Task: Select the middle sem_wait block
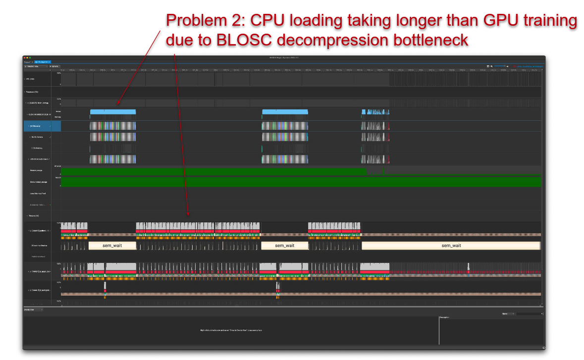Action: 284,246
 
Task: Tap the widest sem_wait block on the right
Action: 451,246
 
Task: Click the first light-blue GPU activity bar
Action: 112,111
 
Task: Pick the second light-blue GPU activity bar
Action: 284,111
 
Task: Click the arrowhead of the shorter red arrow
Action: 117,104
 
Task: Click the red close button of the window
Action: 25,58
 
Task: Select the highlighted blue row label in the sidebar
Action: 42,126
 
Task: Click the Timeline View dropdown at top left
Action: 36,66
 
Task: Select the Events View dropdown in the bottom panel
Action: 33,310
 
